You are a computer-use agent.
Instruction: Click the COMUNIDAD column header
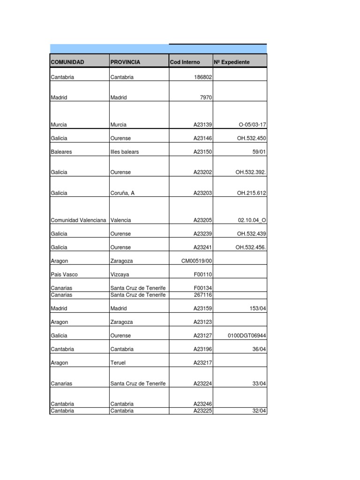coord(67,62)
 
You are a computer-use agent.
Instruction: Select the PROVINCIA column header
coord(125,62)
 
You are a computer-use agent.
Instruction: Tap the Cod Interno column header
coord(185,62)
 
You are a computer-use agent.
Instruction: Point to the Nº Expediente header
coord(232,62)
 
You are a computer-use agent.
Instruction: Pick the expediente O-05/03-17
coord(252,125)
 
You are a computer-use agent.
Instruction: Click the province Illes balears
coord(125,152)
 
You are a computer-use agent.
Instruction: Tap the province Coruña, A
coord(122,193)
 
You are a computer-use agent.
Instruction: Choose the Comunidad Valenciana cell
coord(78,220)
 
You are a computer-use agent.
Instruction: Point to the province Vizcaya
coord(119,274)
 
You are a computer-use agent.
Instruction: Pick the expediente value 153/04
coord(258,308)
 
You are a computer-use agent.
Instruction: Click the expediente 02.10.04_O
coord(252,220)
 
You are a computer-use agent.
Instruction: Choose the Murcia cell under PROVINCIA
coord(119,125)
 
